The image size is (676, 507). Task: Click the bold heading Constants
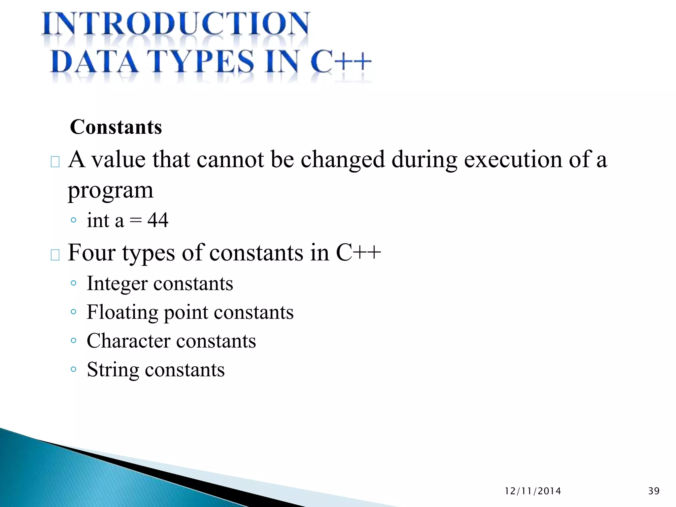click(116, 127)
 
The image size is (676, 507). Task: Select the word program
click(111, 191)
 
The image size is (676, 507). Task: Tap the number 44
click(158, 220)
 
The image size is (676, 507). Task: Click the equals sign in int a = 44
click(136, 220)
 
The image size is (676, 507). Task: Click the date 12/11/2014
click(533, 491)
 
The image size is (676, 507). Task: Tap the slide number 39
click(654, 491)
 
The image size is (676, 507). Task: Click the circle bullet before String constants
click(74, 369)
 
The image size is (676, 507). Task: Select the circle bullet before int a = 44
click(74, 220)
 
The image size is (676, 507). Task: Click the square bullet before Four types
click(55, 255)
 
